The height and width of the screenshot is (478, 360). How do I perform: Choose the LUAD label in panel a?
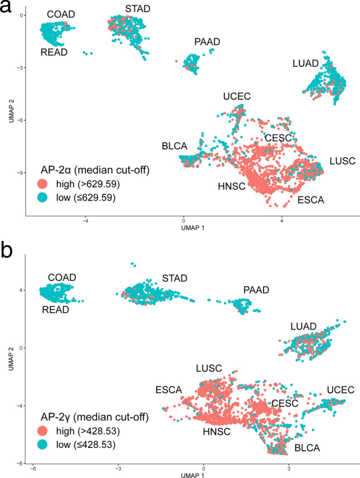pyautogui.click(x=305, y=64)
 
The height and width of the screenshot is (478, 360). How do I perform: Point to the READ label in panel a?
pyautogui.click(x=55, y=53)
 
